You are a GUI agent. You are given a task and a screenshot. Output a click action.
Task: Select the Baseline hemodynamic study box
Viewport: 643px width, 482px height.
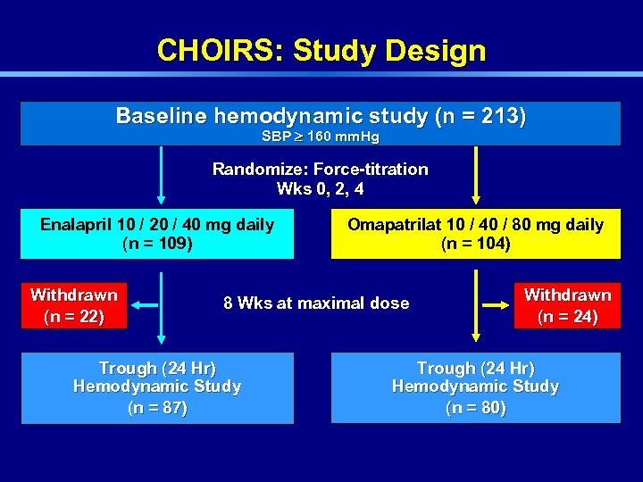click(x=321, y=122)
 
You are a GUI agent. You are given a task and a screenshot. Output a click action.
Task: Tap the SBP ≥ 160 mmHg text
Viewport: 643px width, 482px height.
click(x=321, y=137)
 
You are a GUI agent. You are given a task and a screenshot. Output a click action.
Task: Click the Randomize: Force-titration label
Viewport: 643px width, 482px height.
click(x=321, y=170)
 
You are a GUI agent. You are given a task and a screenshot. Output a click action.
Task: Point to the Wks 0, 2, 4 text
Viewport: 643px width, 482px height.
click(x=321, y=189)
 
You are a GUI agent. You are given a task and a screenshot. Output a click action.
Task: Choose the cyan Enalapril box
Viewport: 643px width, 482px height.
click(x=157, y=234)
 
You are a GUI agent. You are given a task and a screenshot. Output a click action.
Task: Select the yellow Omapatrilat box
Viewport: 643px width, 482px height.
click(x=475, y=234)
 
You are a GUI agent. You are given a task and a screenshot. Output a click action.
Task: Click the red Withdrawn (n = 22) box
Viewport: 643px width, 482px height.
click(x=74, y=305)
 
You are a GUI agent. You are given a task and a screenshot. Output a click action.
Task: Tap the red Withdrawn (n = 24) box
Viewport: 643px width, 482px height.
click(x=567, y=305)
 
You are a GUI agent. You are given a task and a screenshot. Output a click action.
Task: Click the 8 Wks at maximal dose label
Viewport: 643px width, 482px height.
click(x=316, y=303)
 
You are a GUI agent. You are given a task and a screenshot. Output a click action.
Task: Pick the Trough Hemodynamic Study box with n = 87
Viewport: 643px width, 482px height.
click(x=157, y=387)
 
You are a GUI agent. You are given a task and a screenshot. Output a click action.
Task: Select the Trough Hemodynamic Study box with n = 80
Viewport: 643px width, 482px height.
click(x=475, y=387)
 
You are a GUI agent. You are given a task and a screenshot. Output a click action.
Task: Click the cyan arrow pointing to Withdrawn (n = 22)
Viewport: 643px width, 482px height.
click(x=145, y=305)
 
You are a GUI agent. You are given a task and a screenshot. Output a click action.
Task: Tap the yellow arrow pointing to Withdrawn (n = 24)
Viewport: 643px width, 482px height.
click(x=497, y=305)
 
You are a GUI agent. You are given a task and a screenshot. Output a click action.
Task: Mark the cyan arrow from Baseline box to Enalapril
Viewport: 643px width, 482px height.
click(x=161, y=176)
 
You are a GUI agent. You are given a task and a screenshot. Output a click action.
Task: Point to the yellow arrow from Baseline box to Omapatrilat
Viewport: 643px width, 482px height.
click(x=476, y=176)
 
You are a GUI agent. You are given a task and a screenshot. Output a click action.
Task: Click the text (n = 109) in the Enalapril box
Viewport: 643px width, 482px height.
click(x=157, y=244)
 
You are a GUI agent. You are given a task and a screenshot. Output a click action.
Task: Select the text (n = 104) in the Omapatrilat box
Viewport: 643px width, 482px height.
click(x=476, y=244)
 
